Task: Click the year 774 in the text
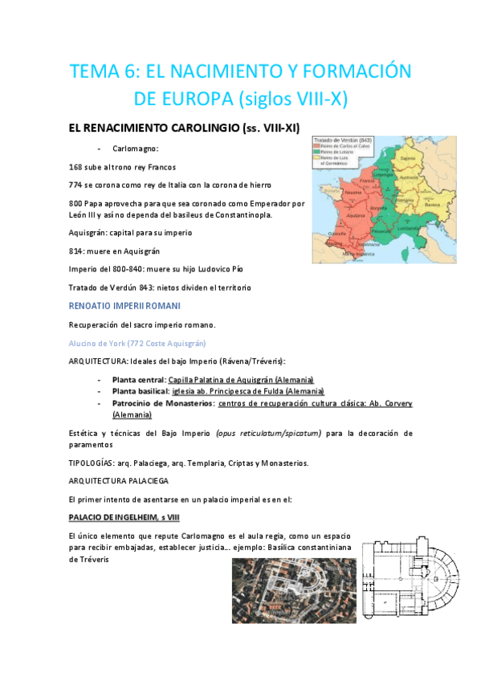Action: [x=78, y=184]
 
